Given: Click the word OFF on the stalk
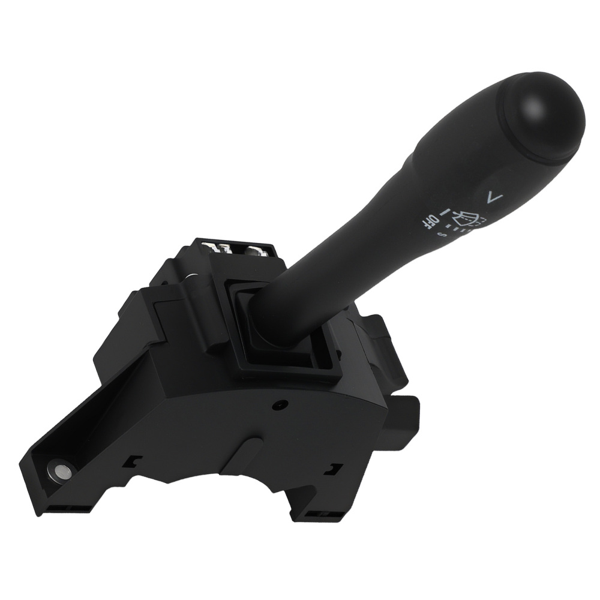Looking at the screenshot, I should coord(430,221).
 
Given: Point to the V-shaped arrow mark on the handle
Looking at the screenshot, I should coord(493,196).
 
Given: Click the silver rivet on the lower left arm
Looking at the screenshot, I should coord(60,471).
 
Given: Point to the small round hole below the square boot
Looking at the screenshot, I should coord(278,406).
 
